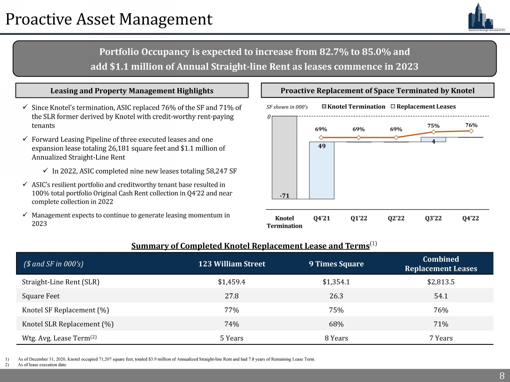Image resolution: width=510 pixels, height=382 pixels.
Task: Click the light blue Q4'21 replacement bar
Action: [322, 170]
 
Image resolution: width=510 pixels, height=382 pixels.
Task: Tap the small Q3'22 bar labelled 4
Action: [433, 139]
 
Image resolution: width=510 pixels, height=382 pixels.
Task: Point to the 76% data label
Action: [471, 125]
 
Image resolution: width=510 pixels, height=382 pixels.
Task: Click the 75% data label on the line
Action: [433, 125]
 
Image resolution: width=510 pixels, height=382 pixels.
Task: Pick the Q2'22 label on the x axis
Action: [396, 218]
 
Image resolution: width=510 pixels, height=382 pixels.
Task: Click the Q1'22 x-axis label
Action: [359, 218]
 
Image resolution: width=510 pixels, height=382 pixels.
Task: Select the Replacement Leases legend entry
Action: [423, 107]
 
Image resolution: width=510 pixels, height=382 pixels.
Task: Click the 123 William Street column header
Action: [231, 264]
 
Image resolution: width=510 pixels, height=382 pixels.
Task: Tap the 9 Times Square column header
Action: [336, 264]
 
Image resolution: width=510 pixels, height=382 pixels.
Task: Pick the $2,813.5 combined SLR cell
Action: [441, 282]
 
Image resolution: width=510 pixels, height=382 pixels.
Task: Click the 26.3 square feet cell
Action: [336, 296]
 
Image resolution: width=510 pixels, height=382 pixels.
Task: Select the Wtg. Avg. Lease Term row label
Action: [59, 338]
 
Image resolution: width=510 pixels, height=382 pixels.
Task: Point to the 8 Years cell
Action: [336, 338]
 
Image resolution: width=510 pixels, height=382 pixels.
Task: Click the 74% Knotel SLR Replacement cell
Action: [231, 324]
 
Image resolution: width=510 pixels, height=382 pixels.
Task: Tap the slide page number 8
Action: [501, 376]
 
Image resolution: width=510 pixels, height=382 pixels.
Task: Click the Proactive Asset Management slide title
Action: [109, 19]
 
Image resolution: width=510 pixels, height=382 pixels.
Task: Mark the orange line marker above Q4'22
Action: [471, 131]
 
